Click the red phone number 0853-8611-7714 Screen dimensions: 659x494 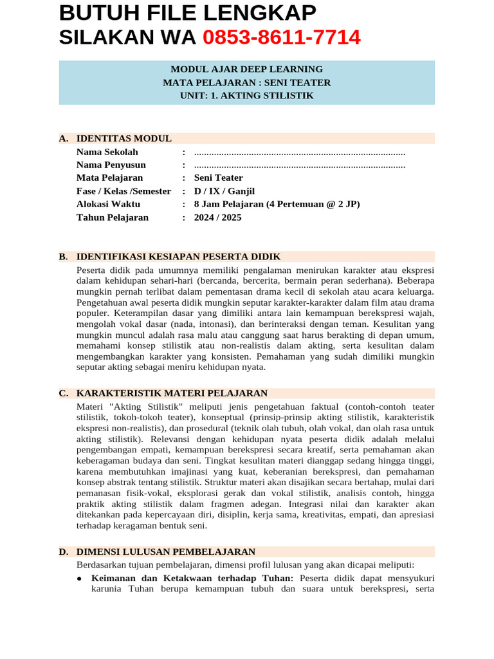[x=281, y=38]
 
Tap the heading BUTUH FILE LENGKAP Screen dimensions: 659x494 [x=187, y=13]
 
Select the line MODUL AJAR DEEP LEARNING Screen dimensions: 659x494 [x=246, y=70]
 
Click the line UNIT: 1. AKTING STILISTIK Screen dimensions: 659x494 [x=246, y=95]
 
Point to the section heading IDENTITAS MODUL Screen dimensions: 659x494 [x=124, y=138]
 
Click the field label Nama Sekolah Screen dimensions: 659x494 [x=107, y=152]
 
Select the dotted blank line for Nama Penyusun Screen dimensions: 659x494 [x=299, y=165]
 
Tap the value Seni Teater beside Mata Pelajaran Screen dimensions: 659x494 [x=219, y=178]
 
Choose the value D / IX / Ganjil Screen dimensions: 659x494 [x=224, y=191]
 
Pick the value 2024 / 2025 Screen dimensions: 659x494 [x=218, y=218]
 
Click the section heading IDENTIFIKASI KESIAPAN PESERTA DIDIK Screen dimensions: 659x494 [x=178, y=256]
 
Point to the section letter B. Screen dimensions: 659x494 [x=63, y=256]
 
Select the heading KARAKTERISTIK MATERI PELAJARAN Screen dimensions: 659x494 [x=172, y=393]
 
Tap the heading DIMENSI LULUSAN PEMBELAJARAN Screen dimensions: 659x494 [x=166, y=552]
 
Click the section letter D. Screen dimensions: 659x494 [x=63, y=552]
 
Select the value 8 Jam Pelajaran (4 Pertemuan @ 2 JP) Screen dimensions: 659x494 [x=277, y=204]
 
